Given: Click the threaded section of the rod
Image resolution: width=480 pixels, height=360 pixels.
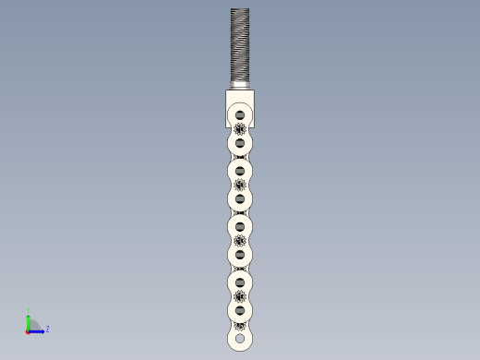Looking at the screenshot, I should coord(240,46).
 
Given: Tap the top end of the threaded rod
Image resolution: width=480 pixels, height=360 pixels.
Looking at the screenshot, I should coord(240,10).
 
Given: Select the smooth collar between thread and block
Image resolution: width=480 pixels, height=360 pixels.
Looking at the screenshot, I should coord(240,86).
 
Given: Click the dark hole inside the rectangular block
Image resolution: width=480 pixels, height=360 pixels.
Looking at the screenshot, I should coord(240,114).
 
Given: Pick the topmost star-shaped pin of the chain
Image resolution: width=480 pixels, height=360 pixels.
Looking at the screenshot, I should coord(240,128).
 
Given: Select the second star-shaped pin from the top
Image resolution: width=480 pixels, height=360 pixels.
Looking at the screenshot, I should coord(240,185).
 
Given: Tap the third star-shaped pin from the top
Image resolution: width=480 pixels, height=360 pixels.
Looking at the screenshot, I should coord(240,240).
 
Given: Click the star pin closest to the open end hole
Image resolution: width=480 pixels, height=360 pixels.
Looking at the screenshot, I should coord(240,324).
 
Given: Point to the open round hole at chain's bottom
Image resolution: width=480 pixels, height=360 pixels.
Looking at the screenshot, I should coord(240,339).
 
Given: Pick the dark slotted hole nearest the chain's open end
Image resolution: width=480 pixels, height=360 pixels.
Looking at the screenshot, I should coord(240,310).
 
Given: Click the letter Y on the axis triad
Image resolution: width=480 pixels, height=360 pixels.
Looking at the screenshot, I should coord(29,310).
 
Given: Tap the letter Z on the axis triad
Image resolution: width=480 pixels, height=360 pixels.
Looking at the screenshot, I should coord(47,328).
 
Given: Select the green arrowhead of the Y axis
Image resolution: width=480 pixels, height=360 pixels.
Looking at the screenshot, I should coord(29,318).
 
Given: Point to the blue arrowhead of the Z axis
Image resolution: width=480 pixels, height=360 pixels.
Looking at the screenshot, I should coord(41,330).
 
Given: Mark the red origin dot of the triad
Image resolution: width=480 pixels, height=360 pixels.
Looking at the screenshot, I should coord(29,330).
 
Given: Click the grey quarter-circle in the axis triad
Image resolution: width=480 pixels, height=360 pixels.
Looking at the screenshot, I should coord(33,325).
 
